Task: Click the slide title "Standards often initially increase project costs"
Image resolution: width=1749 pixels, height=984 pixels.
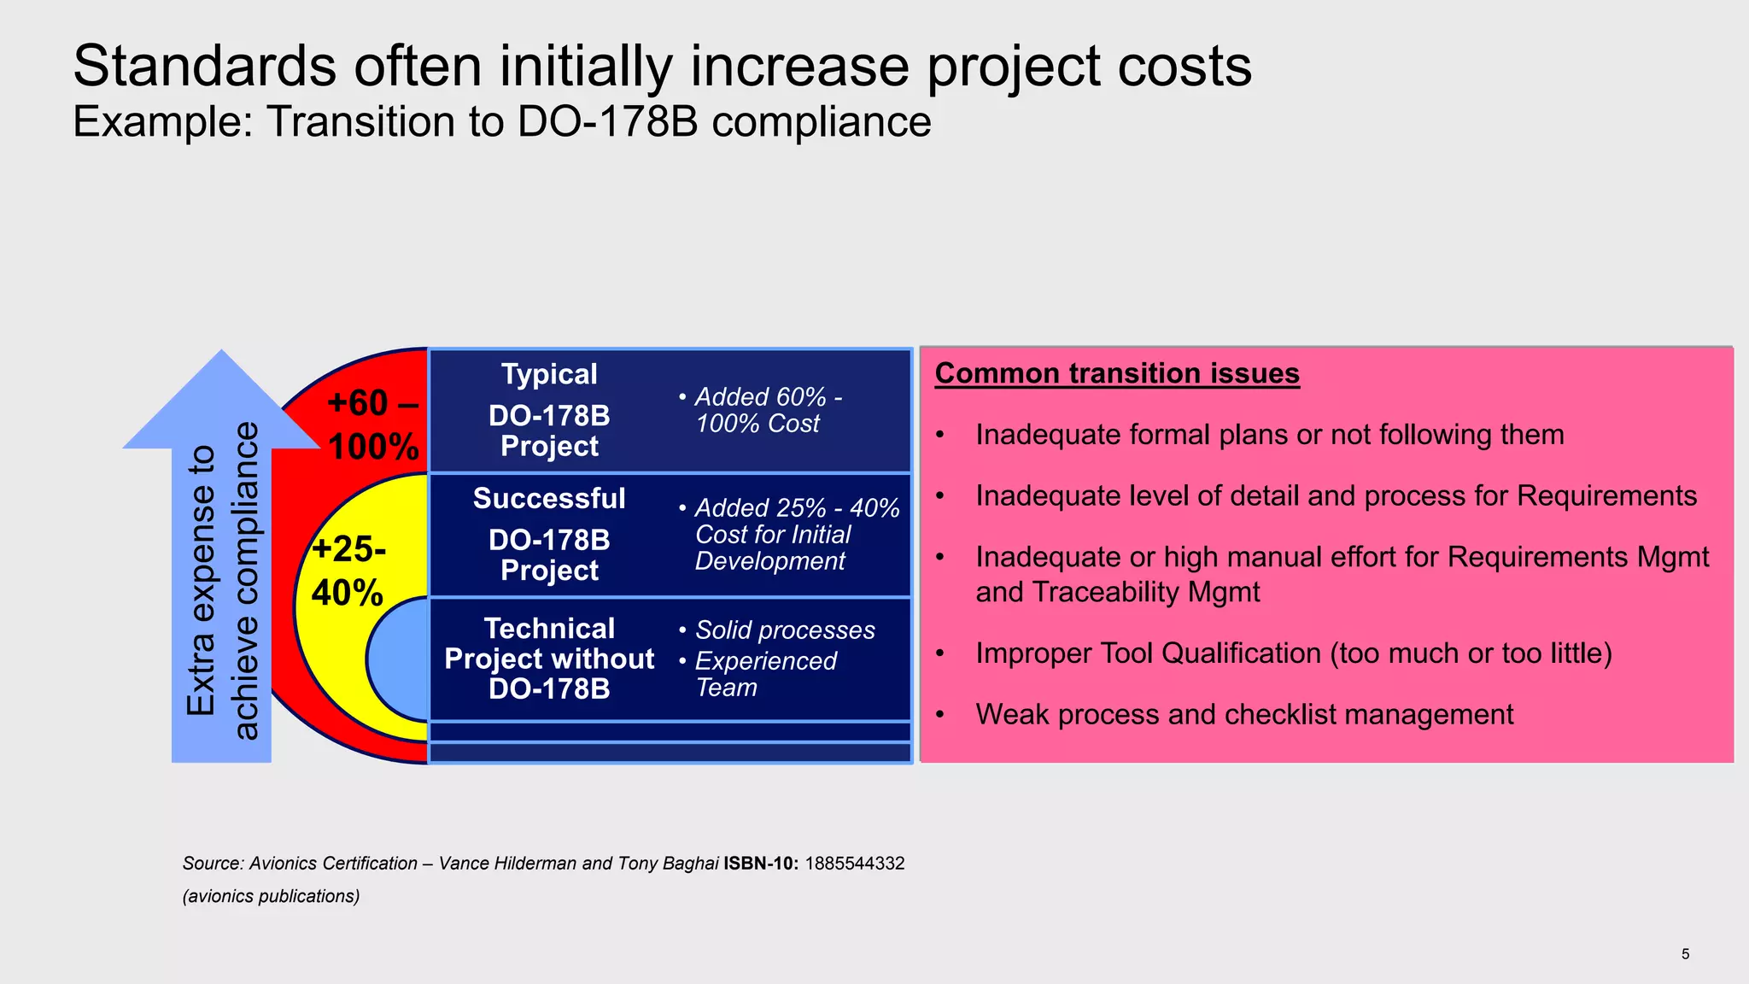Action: (x=662, y=67)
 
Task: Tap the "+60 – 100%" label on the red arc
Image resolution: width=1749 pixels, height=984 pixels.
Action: (x=373, y=425)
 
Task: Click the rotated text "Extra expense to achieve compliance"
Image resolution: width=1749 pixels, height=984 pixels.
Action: (x=221, y=581)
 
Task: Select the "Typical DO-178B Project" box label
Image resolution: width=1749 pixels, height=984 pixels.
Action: (x=549, y=410)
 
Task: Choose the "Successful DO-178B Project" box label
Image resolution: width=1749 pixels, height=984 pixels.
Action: (x=549, y=534)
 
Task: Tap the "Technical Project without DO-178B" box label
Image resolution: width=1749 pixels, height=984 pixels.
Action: (x=549, y=659)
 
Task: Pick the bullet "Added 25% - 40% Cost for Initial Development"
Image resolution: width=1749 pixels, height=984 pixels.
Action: (x=789, y=534)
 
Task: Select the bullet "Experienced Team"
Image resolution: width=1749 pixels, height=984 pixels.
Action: (x=764, y=674)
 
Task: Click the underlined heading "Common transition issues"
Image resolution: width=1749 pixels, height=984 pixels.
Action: (x=1117, y=373)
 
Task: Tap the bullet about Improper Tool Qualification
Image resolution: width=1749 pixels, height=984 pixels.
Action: (x=1293, y=653)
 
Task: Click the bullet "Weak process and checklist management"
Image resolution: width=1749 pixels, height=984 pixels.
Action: (x=1243, y=714)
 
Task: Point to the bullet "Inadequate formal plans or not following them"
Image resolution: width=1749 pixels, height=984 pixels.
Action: (x=1269, y=435)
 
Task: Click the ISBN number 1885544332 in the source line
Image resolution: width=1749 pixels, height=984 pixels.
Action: (x=854, y=864)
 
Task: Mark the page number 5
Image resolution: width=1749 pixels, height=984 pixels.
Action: (x=1685, y=954)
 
